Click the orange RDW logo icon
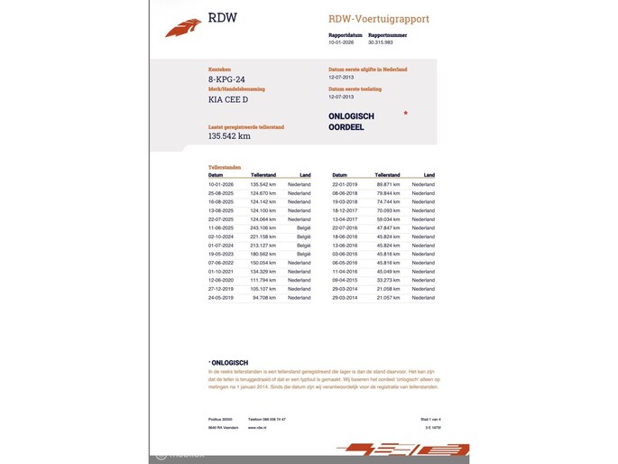(183, 28)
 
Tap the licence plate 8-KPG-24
(226, 79)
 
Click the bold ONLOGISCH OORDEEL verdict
(352, 122)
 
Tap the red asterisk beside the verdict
(405, 114)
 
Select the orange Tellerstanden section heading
(225, 167)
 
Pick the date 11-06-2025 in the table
(221, 228)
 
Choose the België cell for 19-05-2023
(303, 254)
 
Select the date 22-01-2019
(345, 184)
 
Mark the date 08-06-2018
(345, 193)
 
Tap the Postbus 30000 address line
(220, 420)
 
